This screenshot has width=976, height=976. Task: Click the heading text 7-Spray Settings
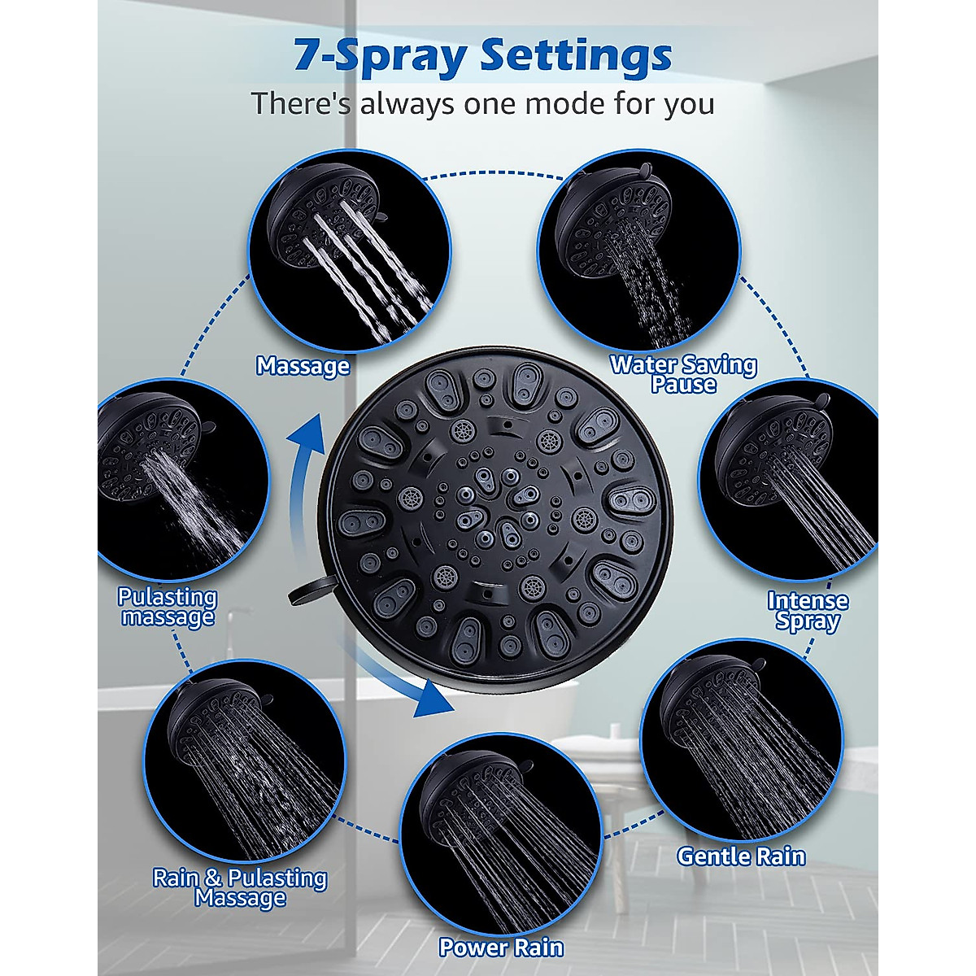click(483, 56)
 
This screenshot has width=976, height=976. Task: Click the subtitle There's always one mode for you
click(482, 104)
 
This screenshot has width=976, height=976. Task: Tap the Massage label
click(303, 366)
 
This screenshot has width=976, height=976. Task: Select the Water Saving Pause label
click(683, 374)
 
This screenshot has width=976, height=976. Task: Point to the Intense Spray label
click(808, 611)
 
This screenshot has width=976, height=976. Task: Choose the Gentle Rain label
click(741, 856)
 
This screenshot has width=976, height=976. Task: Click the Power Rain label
click(501, 948)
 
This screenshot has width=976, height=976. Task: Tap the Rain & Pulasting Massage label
click(240, 887)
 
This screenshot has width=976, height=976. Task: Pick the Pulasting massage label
click(168, 607)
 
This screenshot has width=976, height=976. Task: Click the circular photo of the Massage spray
click(349, 252)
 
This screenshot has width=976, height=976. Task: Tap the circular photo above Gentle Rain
click(741, 740)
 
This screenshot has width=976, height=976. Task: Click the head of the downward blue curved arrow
click(431, 699)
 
